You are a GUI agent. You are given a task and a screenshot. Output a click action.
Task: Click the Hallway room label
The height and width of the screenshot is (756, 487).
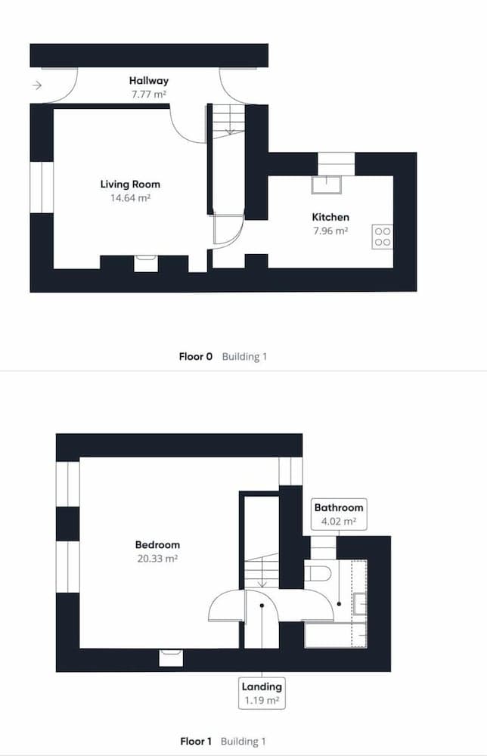coord(148,81)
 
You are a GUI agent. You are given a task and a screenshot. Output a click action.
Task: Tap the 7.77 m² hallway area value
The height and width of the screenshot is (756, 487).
coord(148,94)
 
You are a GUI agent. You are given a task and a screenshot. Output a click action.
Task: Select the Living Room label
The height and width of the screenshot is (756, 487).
coord(130,184)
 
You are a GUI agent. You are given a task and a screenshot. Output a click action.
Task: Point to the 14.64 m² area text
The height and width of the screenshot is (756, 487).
coord(130,198)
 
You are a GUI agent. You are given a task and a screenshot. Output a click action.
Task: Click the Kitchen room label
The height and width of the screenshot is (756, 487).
coord(330,218)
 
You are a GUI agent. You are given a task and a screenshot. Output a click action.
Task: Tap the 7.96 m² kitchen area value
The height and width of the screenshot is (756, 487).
coord(330,231)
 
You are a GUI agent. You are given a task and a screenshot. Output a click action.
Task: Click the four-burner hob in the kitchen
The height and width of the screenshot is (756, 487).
coord(382,237)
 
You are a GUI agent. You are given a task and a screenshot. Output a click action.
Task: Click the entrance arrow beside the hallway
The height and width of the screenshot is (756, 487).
coord(37,86)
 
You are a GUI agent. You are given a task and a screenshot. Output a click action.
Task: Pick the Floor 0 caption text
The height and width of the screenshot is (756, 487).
coord(196,356)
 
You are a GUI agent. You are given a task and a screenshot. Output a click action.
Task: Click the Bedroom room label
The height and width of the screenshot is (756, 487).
coord(157,545)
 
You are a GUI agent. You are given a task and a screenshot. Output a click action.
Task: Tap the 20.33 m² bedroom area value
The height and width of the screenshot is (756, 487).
coord(157,559)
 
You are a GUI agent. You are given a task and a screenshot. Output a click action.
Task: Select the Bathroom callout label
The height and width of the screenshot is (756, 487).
coord(340,508)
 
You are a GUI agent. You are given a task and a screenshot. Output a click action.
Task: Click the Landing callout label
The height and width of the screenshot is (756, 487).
coord(262,687)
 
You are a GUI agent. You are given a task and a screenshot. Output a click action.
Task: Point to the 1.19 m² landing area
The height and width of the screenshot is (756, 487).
coord(262,701)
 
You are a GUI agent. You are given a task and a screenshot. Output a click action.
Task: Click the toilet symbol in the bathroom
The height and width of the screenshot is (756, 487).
coord(318,571)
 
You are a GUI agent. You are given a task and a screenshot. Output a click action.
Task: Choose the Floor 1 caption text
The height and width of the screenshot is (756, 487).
coord(197,742)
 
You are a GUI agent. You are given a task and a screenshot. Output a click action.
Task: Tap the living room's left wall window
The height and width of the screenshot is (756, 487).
coord(42,187)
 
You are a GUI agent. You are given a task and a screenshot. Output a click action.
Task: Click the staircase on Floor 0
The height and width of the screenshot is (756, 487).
coord(227,121)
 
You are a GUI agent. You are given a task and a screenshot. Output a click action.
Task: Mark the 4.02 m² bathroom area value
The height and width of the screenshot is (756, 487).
coord(340,522)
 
